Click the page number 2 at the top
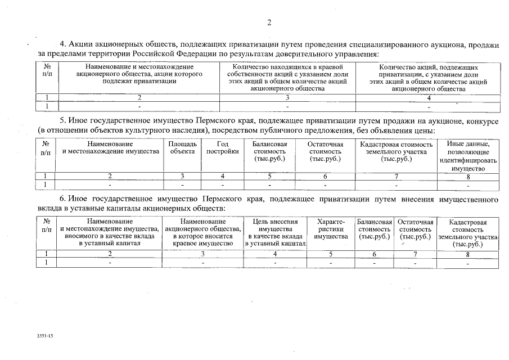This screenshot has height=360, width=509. (269, 22)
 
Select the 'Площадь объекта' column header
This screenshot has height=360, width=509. (183, 148)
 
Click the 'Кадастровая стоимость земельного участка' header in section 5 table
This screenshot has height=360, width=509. (397, 152)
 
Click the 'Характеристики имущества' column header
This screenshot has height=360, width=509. (331, 229)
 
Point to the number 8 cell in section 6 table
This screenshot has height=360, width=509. (467, 254)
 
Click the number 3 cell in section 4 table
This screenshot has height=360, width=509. (287, 97)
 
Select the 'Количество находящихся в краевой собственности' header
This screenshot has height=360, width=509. (287, 78)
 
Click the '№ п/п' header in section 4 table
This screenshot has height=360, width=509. (47, 70)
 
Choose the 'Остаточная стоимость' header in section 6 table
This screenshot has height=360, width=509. (416, 229)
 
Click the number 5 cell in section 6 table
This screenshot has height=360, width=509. (331, 254)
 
